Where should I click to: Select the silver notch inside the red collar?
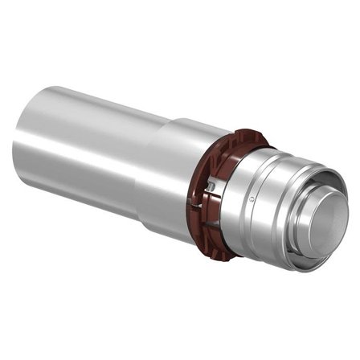[211, 186]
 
